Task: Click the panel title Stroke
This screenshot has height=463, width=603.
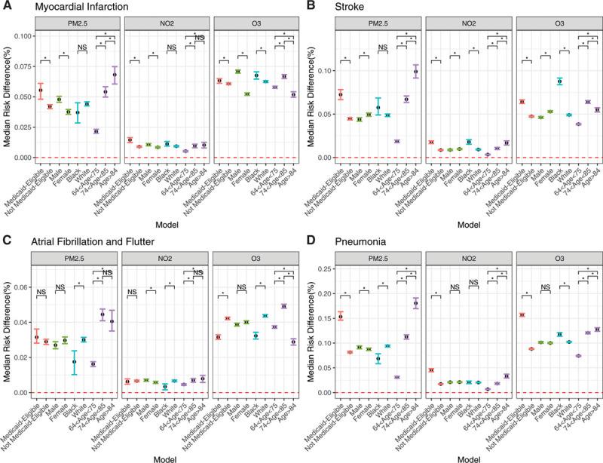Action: pyautogui.click(x=336, y=7)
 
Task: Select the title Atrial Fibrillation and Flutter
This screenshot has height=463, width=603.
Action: pyautogui.click(x=89, y=239)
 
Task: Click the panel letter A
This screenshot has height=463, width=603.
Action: pyautogui.click(x=7, y=7)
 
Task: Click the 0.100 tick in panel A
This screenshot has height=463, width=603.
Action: pyautogui.click(x=22, y=36)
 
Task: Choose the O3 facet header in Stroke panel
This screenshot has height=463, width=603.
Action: pyautogui.click(x=557, y=24)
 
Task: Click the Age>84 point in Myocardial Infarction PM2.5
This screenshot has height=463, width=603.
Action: pyautogui.click(x=115, y=75)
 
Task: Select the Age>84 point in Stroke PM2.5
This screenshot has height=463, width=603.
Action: pyautogui.click(x=417, y=72)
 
